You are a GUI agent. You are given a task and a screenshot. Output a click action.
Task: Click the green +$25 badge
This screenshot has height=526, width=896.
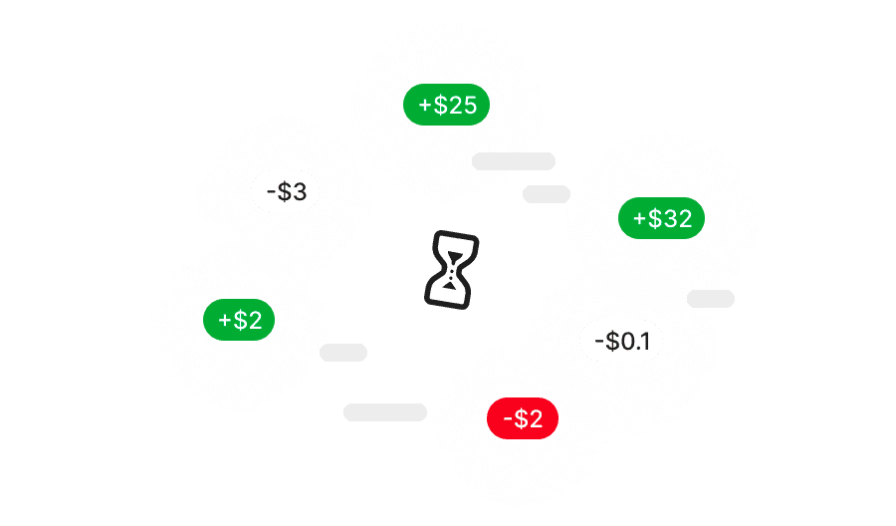pyautogui.click(x=447, y=105)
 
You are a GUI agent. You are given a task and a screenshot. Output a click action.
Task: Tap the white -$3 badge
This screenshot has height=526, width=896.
pyautogui.click(x=286, y=191)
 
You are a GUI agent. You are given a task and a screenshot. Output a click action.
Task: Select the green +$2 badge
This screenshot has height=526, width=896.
pyautogui.click(x=240, y=320)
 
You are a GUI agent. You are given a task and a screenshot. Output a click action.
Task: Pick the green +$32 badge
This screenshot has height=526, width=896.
pyautogui.click(x=662, y=219)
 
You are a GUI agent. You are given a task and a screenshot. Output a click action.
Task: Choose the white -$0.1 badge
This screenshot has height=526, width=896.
pyautogui.click(x=621, y=342)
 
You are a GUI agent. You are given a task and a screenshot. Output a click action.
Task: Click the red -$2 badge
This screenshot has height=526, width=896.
pyautogui.click(x=523, y=419)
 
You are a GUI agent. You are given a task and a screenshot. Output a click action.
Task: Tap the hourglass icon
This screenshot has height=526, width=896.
pyautogui.click(x=452, y=268)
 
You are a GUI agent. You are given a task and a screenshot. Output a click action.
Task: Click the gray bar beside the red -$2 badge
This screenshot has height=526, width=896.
pyautogui.click(x=385, y=412)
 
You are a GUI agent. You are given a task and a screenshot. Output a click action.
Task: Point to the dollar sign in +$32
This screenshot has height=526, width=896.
pyautogui.click(x=655, y=219)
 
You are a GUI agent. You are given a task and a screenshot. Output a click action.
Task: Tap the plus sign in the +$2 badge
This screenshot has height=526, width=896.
pyautogui.click(x=225, y=320)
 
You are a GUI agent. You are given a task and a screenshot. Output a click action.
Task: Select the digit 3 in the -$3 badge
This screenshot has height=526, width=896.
pyautogui.click(x=300, y=191)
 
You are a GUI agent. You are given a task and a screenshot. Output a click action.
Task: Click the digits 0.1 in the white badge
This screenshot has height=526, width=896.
pyautogui.click(x=635, y=342)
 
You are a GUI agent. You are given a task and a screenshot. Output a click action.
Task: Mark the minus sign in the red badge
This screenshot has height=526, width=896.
pyautogui.click(x=508, y=419)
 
